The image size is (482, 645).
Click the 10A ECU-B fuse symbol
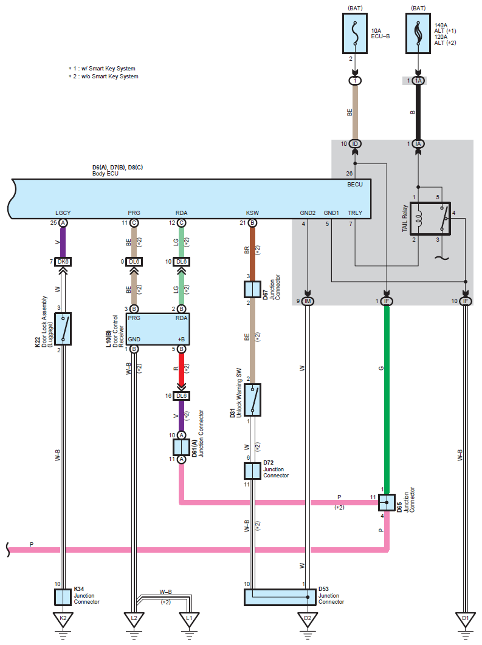click(355, 33)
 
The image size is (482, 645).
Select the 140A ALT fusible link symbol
click(418, 33)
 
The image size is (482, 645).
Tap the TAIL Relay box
click(430, 219)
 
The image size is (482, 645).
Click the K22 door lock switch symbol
click(63, 329)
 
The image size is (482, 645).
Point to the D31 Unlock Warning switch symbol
click(252, 400)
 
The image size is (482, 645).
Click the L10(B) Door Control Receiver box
click(157, 329)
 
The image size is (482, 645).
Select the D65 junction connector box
click(387, 502)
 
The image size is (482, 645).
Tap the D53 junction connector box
click(280, 597)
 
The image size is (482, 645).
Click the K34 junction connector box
click(63, 597)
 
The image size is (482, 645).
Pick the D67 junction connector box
click(252, 289)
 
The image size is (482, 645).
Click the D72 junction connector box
click(252, 471)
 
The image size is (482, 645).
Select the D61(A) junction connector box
click(181, 447)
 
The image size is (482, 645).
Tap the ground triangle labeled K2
click(63, 619)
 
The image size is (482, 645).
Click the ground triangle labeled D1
click(466, 619)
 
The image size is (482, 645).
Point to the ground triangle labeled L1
click(190, 619)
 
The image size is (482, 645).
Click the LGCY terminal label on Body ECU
click(63, 213)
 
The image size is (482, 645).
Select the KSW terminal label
click(252, 213)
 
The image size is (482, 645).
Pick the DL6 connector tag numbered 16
click(181, 396)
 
